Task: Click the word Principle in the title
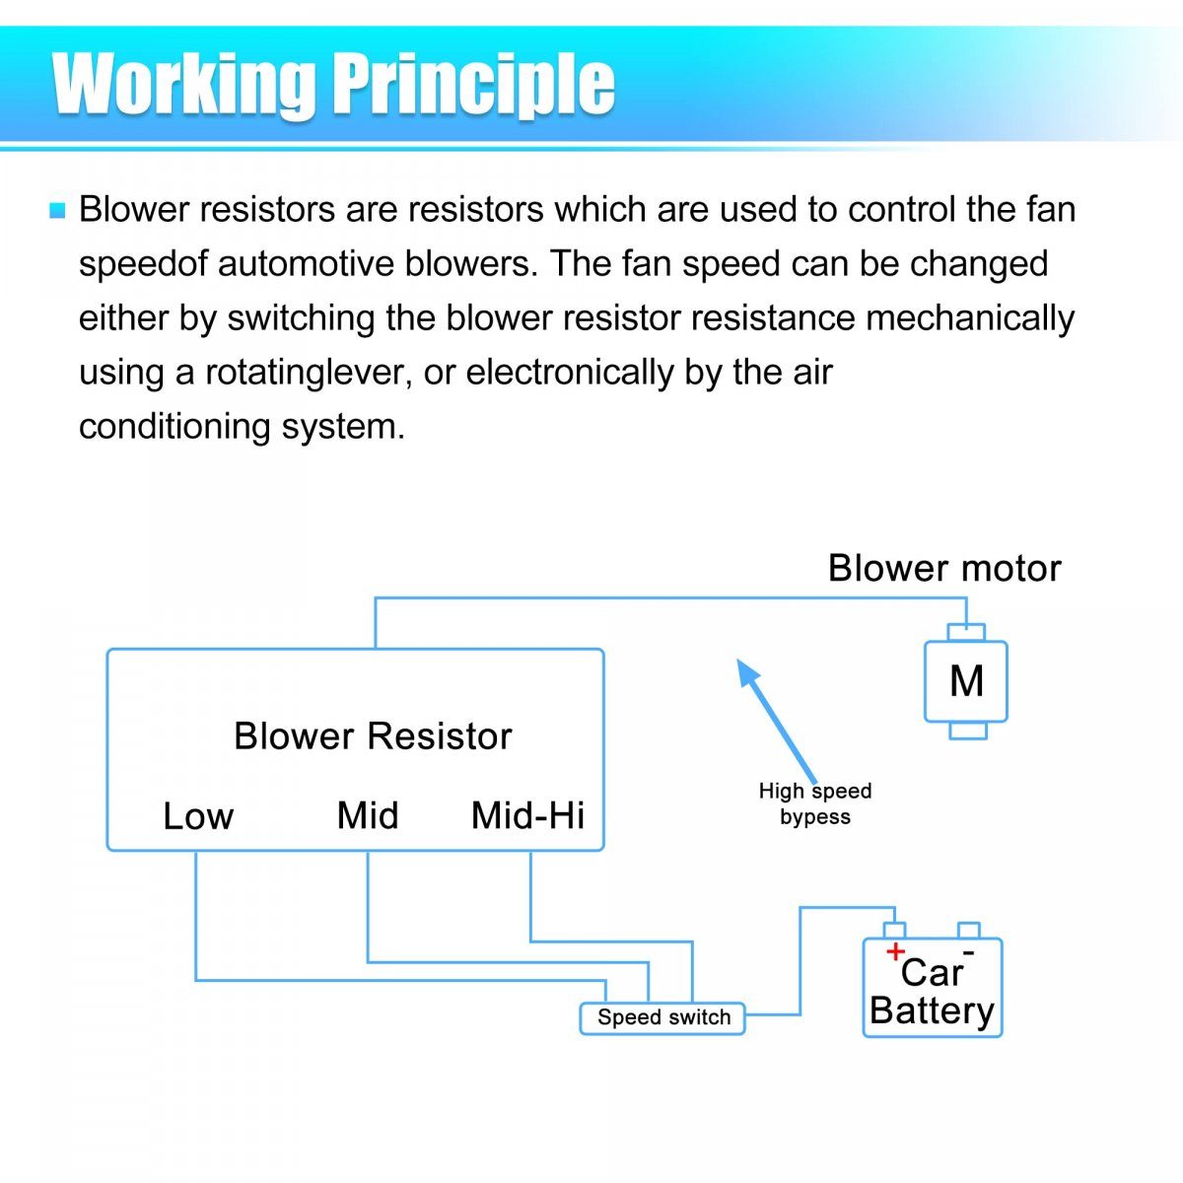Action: (x=473, y=85)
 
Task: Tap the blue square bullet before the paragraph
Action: (x=57, y=210)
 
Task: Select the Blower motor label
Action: (x=943, y=569)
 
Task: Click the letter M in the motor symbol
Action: (x=966, y=681)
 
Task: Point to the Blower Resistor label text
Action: (x=373, y=736)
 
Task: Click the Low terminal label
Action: (x=198, y=816)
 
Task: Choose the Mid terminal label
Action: (x=368, y=816)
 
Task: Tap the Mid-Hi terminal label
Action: (x=527, y=816)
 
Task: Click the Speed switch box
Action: (x=662, y=1018)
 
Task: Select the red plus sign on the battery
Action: (x=895, y=951)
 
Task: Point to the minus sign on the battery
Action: (x=968, y=951)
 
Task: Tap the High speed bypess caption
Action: (x=815, y=803)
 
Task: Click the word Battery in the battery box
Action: (x=932, y=1011)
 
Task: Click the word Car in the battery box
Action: (x=931, y=973)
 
